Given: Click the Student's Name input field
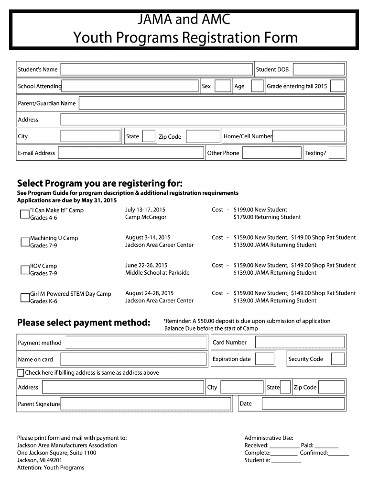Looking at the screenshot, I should [156, 69].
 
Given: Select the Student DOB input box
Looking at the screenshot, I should [318, 69].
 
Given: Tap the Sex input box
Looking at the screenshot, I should [223, 86].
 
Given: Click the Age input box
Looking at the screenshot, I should [257, 86].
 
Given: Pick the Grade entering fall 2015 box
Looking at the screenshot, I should [337, 86].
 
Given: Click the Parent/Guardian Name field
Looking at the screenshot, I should [212, 103].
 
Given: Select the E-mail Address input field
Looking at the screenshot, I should [131, 153].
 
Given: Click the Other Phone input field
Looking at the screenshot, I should [271, 153].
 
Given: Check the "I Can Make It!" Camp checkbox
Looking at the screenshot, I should [25, 214].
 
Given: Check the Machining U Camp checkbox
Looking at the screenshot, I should [25, 242].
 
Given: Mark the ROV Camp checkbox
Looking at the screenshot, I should [25, 269].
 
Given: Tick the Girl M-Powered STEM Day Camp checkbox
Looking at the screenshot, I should [25, 298].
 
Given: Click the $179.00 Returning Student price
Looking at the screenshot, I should [267, 217].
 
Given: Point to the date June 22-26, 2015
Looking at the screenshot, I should [146, 265].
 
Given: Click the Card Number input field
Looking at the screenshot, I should [300, 342].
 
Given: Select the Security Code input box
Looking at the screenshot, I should [337, 359].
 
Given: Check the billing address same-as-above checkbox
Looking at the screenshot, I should [21, 373].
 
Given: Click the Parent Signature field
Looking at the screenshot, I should [148, 404].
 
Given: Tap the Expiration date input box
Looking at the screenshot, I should [264, 359].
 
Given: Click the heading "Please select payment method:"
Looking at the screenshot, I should [84, 323].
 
